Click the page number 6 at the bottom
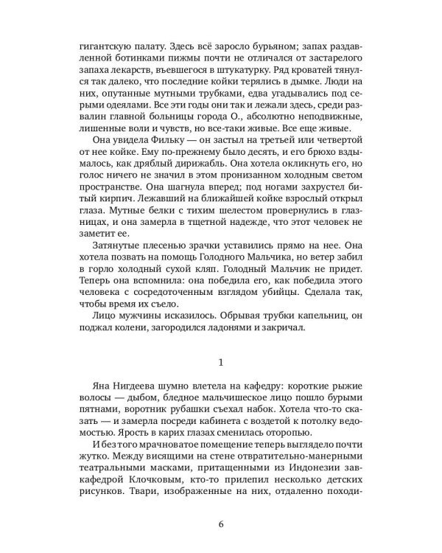tap(221, 524)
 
